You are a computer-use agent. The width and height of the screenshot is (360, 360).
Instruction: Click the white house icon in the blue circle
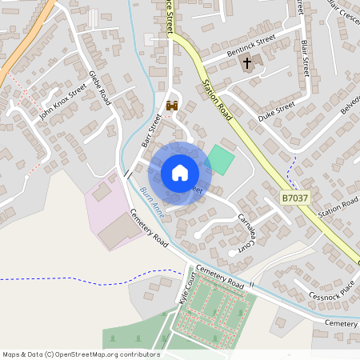point(180,173)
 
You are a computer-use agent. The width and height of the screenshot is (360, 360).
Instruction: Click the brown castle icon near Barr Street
point(171,105)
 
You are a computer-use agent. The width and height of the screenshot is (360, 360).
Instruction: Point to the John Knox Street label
point(62,103)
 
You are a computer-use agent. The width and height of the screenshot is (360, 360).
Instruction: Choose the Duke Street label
point(276,111)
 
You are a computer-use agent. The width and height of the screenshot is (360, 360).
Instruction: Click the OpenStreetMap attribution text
point(80,354)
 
